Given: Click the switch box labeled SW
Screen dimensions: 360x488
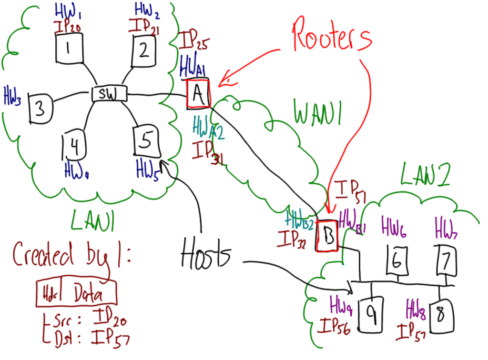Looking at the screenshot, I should click(109, 94).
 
